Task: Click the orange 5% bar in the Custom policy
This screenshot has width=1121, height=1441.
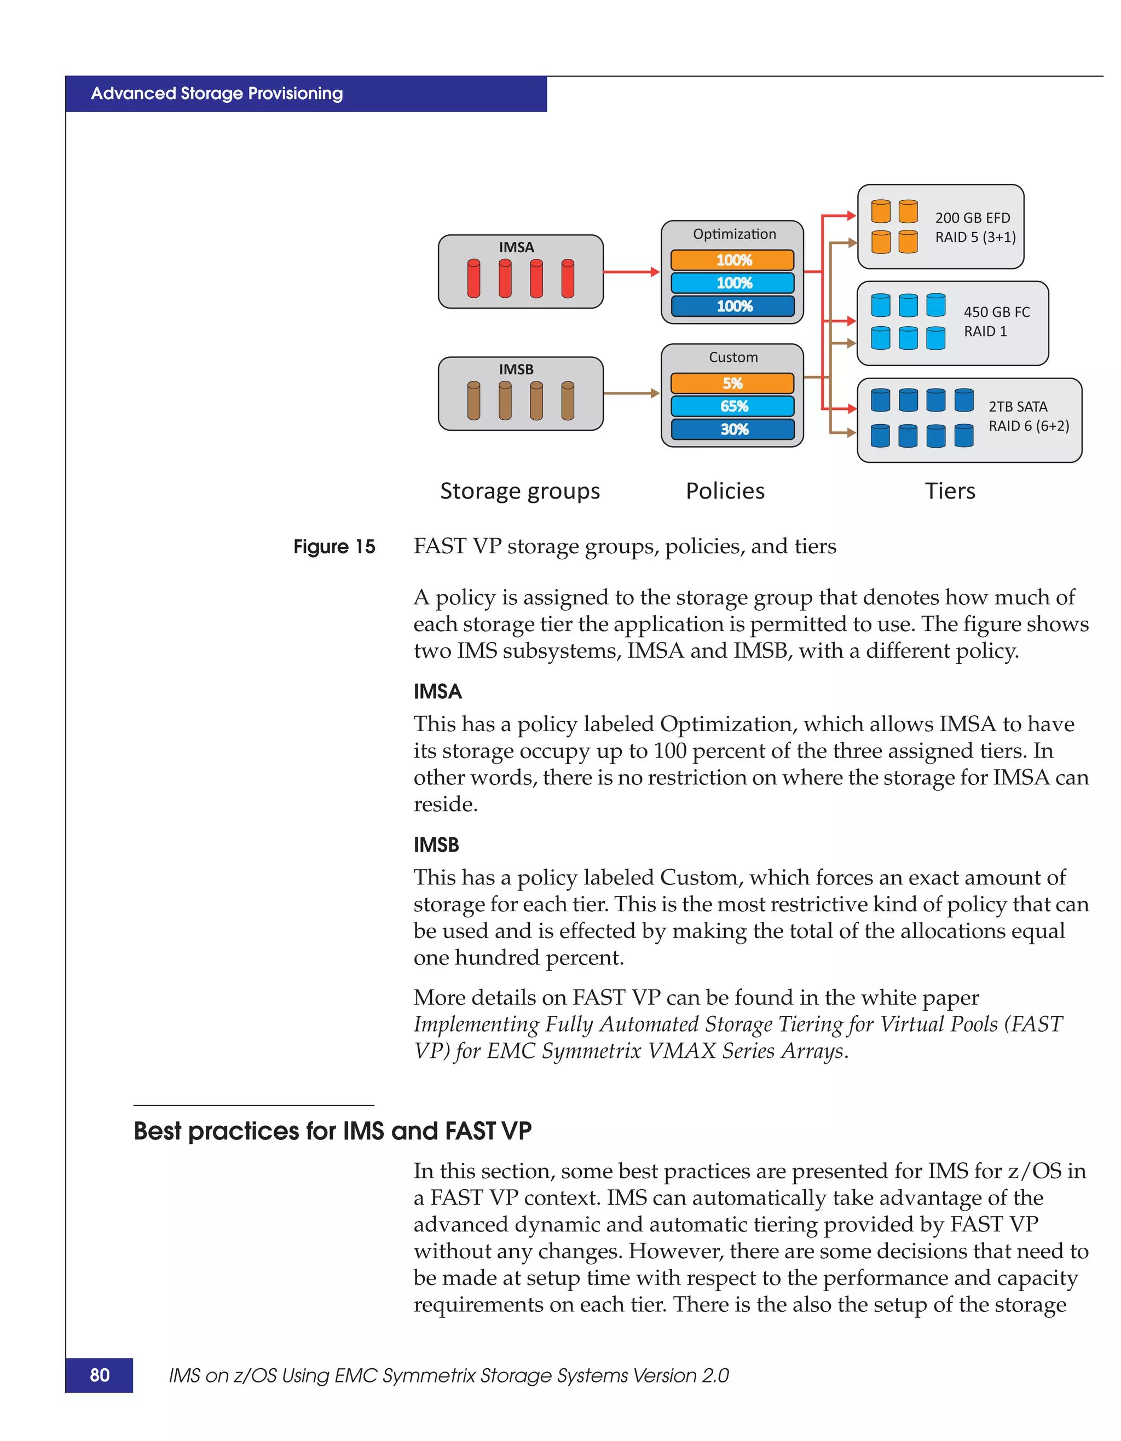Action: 732,383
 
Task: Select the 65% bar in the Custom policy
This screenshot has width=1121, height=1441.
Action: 732,407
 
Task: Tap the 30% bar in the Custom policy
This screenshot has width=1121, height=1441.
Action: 732,430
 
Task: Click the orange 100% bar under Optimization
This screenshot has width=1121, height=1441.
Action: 732,260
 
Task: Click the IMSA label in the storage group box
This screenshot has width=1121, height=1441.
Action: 516,247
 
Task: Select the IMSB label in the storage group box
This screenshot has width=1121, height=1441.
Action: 516,369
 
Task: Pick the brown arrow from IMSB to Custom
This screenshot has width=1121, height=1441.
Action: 630,394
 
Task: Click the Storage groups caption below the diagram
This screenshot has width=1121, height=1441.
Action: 520,491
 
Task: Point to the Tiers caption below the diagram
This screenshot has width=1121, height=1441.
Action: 950,491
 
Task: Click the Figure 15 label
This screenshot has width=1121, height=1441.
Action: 334,547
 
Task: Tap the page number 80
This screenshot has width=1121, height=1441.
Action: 100,1375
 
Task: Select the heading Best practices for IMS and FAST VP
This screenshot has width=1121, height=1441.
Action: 333,1131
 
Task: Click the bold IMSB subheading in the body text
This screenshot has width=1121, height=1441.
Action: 436,845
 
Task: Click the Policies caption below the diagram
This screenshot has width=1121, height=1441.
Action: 725,491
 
